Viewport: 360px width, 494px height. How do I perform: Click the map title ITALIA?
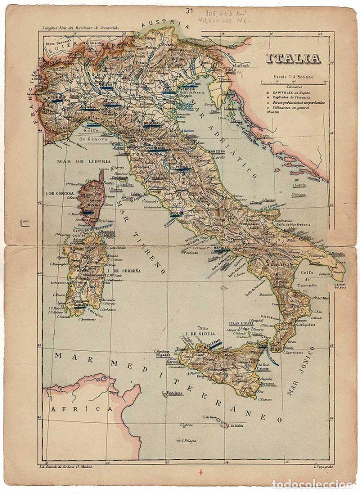tap(293, 58)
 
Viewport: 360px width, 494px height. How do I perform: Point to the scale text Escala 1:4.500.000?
tap(293, 77)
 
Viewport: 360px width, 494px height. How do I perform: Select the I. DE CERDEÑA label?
tap(123, 270)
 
